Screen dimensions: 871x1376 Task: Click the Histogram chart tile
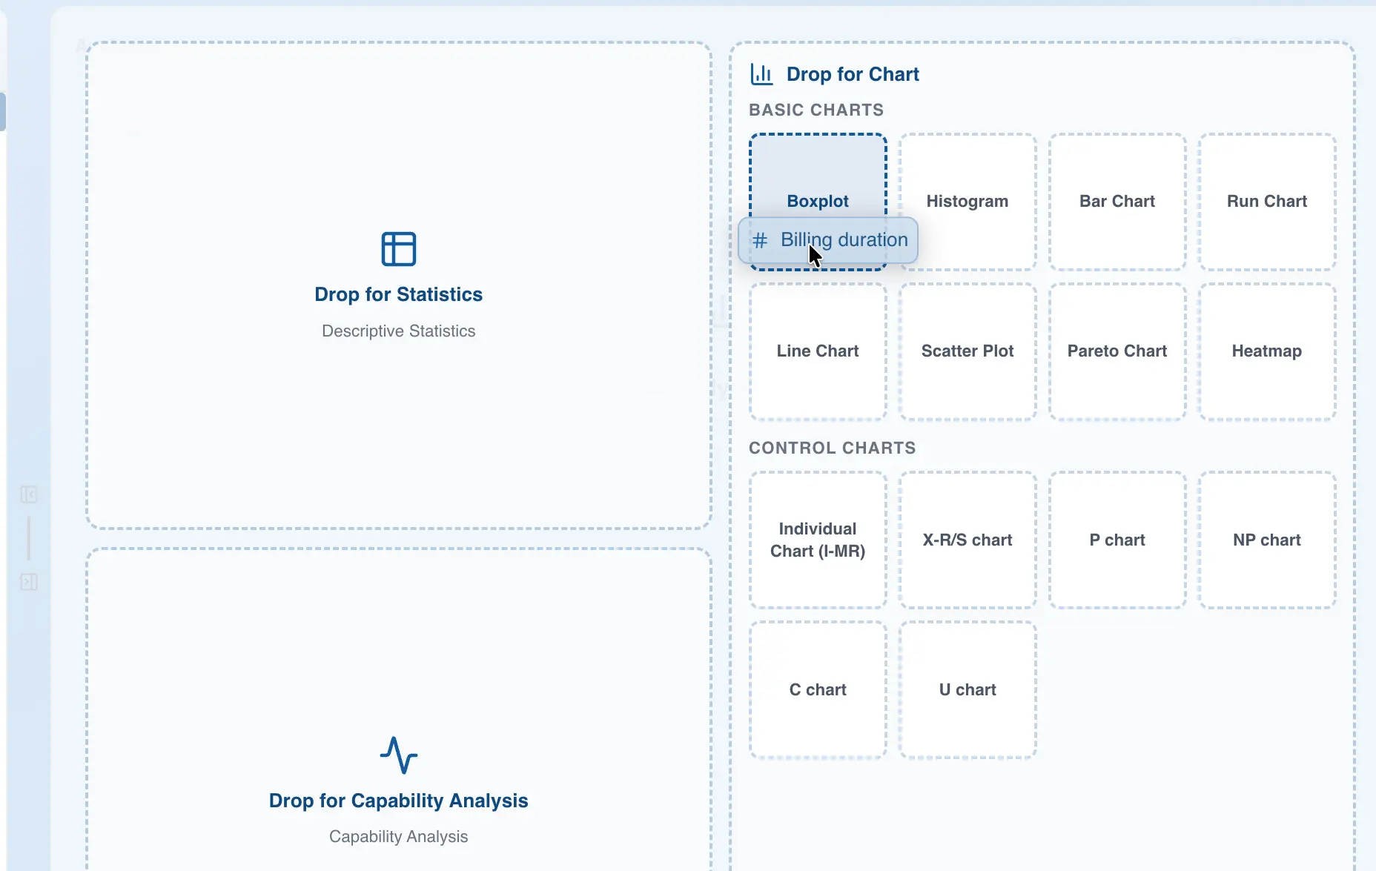coord(967,202)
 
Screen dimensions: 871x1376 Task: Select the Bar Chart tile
coord(1117,202)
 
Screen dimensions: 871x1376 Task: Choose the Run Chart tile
coord(1267,202)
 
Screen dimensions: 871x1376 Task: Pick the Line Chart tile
coord(818,351)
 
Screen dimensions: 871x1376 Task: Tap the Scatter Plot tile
coord(967,351)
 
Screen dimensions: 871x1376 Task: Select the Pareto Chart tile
coord(1117,351)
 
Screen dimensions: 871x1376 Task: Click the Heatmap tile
coord(1267,351)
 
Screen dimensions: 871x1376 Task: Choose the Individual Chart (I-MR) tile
coord(818,540)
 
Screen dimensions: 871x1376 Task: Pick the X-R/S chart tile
coord(967,540)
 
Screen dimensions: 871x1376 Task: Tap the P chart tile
coord(1117,540)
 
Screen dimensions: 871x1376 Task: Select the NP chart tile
coord(1267,540)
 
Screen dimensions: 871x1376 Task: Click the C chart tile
coord(818,689)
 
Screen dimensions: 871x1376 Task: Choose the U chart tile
coord(967,689)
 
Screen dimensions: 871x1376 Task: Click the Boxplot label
coord(818,201)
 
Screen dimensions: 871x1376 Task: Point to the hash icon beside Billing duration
coord(760,240)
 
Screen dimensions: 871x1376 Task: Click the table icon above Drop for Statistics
coord(399,249)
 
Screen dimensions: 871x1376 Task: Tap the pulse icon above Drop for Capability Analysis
coord(399,755)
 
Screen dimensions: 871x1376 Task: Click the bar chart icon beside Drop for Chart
coord(761,74)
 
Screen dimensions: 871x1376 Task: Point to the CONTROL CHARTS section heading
coord(832,448)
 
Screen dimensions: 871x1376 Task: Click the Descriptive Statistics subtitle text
coord(399,331)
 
